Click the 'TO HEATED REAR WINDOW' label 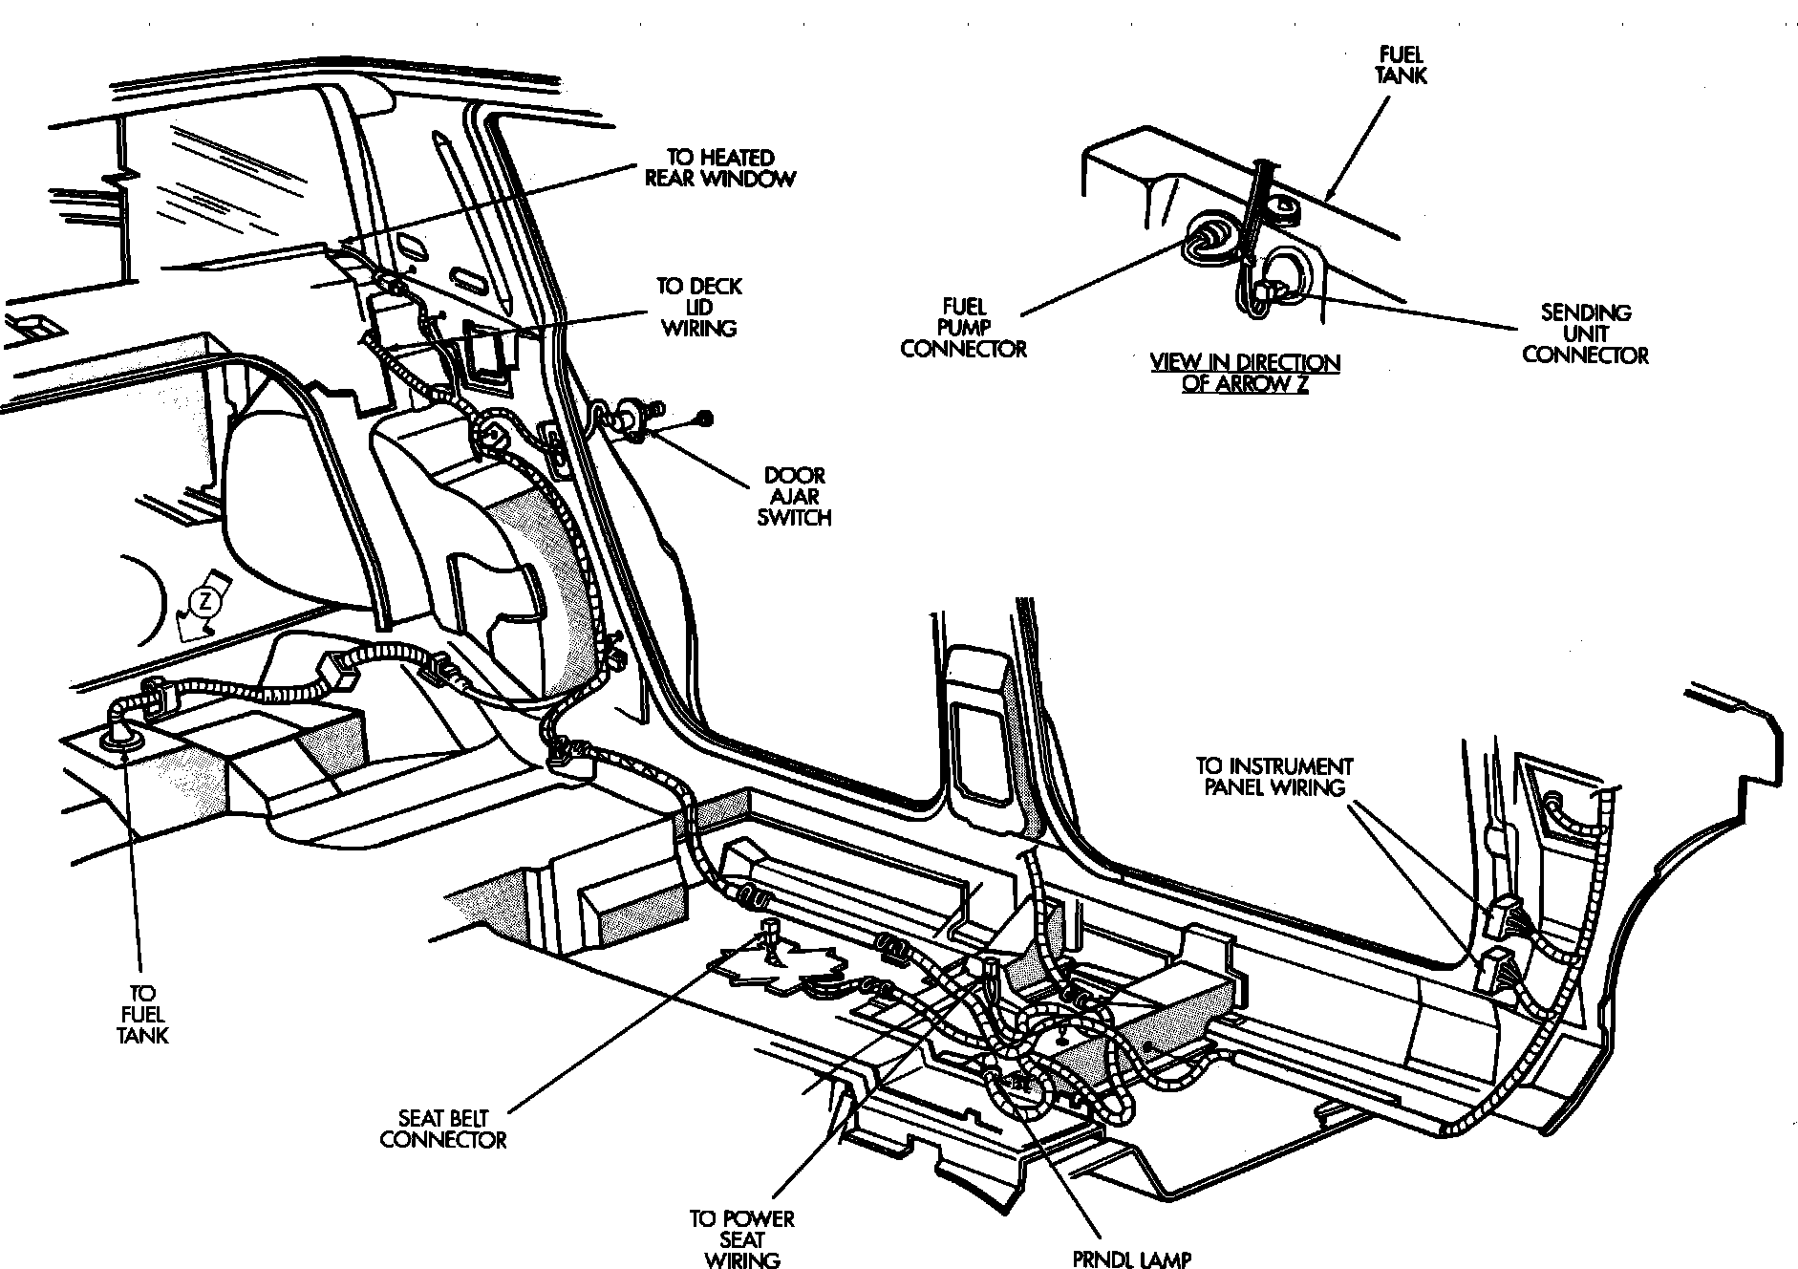[x=720, y=167]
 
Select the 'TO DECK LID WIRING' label [x=698, y=307]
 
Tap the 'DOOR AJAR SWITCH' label [x=794, y=496]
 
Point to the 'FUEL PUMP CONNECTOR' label [x=963, y=327]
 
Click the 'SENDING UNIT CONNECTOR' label [x=1585, y=333]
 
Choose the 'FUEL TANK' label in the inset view [x=1402, y=64]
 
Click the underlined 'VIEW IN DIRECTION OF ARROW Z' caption [x=1244, y=374]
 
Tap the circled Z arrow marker [x=203, y=602]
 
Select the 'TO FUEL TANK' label [x=142, y=1014]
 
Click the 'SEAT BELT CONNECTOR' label [x=443, y=1129]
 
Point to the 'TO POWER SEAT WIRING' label [x=742, y=1239]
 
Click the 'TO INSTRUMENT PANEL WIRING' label [x=1274, y=777]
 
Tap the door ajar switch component [x=631, y=416]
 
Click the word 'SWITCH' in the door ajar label [x=794, y=518]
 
